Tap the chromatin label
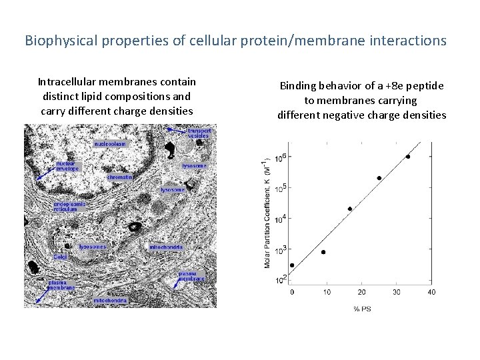(120, 177)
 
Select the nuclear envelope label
(66, 166)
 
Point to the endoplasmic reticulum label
(70, 205)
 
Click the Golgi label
(60, 256)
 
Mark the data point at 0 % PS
(292, 265)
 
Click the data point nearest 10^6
(408, 157)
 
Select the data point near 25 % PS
(379, 178)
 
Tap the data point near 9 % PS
(323, 252)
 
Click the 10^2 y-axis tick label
(281, 279)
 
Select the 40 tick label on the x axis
(431, 292)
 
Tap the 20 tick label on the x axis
(361, 292)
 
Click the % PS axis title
(362, 308)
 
